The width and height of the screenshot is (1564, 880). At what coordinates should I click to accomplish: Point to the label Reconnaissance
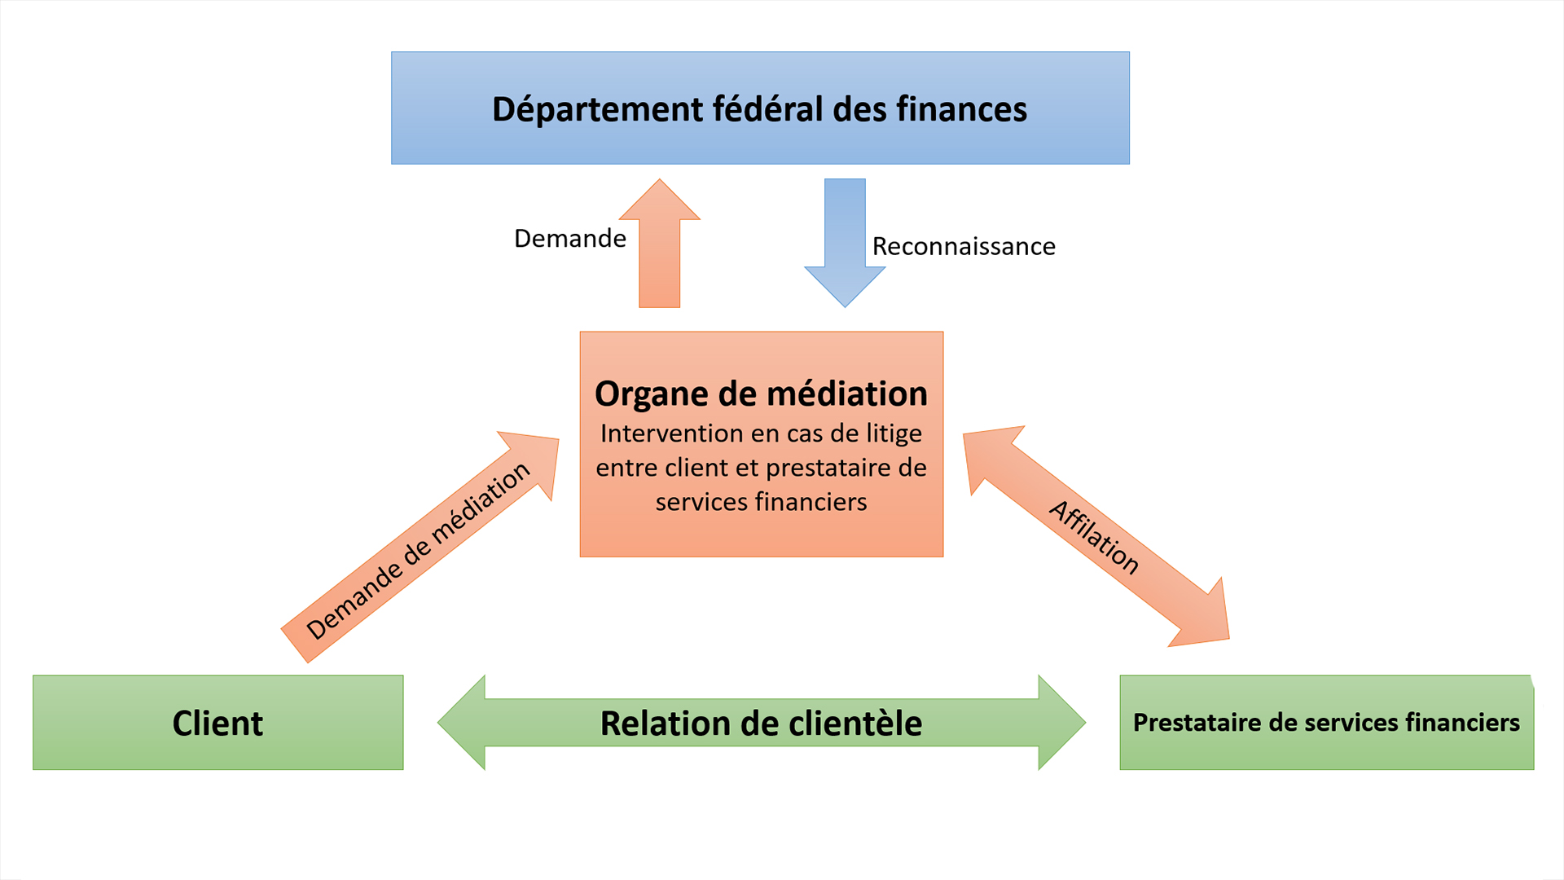tap(964, 246)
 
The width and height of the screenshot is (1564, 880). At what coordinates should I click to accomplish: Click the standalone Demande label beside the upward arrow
tap(570, 239)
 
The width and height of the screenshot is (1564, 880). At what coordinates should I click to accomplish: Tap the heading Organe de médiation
tap(761, 394)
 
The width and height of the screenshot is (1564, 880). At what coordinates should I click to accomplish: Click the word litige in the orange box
tap(894, 433)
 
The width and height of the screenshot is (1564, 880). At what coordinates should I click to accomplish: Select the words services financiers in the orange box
tap(761, 502)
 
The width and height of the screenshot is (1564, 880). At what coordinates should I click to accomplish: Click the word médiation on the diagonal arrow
tap(481, 504)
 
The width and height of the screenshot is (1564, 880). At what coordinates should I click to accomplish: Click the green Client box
tap(217, 723)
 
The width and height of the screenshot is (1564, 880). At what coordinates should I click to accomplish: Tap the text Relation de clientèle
tap(761, 724)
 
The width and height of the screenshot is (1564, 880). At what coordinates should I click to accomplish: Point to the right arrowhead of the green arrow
tap(1061, 723)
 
